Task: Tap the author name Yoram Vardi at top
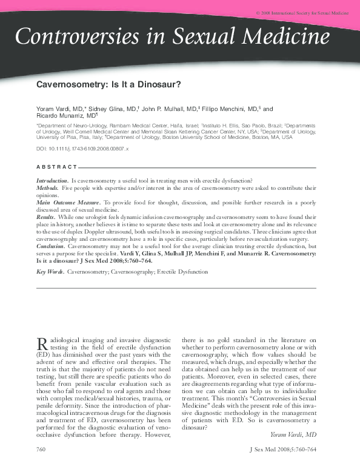tap(51, 109)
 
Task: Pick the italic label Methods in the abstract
tap(47, 189)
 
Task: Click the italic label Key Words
tap(50, 272)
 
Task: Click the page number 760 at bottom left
tap(42, 467)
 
